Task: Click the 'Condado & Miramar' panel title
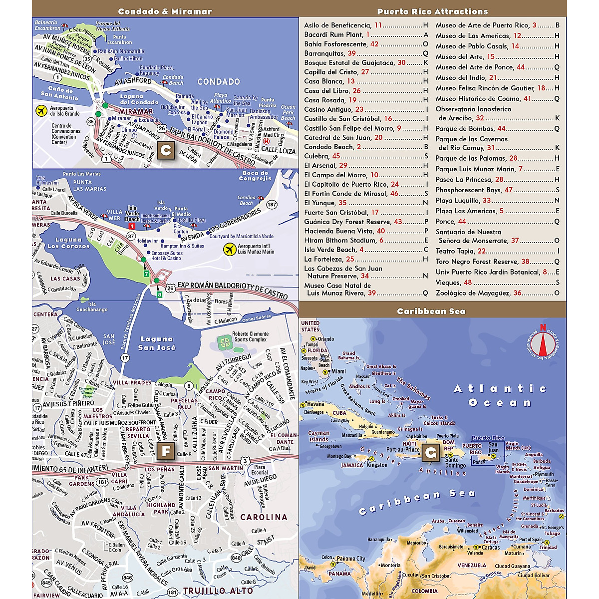point(165,11)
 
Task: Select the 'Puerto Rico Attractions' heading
point(432,11)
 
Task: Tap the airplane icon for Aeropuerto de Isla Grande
point(41,110)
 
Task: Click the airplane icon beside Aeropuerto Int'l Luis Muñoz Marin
point(230,249)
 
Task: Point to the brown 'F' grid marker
point(166,452)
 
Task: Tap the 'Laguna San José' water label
point(156,343)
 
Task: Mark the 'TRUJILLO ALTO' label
point(218,591)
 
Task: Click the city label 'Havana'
point(315,404)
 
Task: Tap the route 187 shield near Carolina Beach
point(272,205)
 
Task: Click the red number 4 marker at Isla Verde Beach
point(132,227)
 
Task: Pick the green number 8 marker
point(160,295)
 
